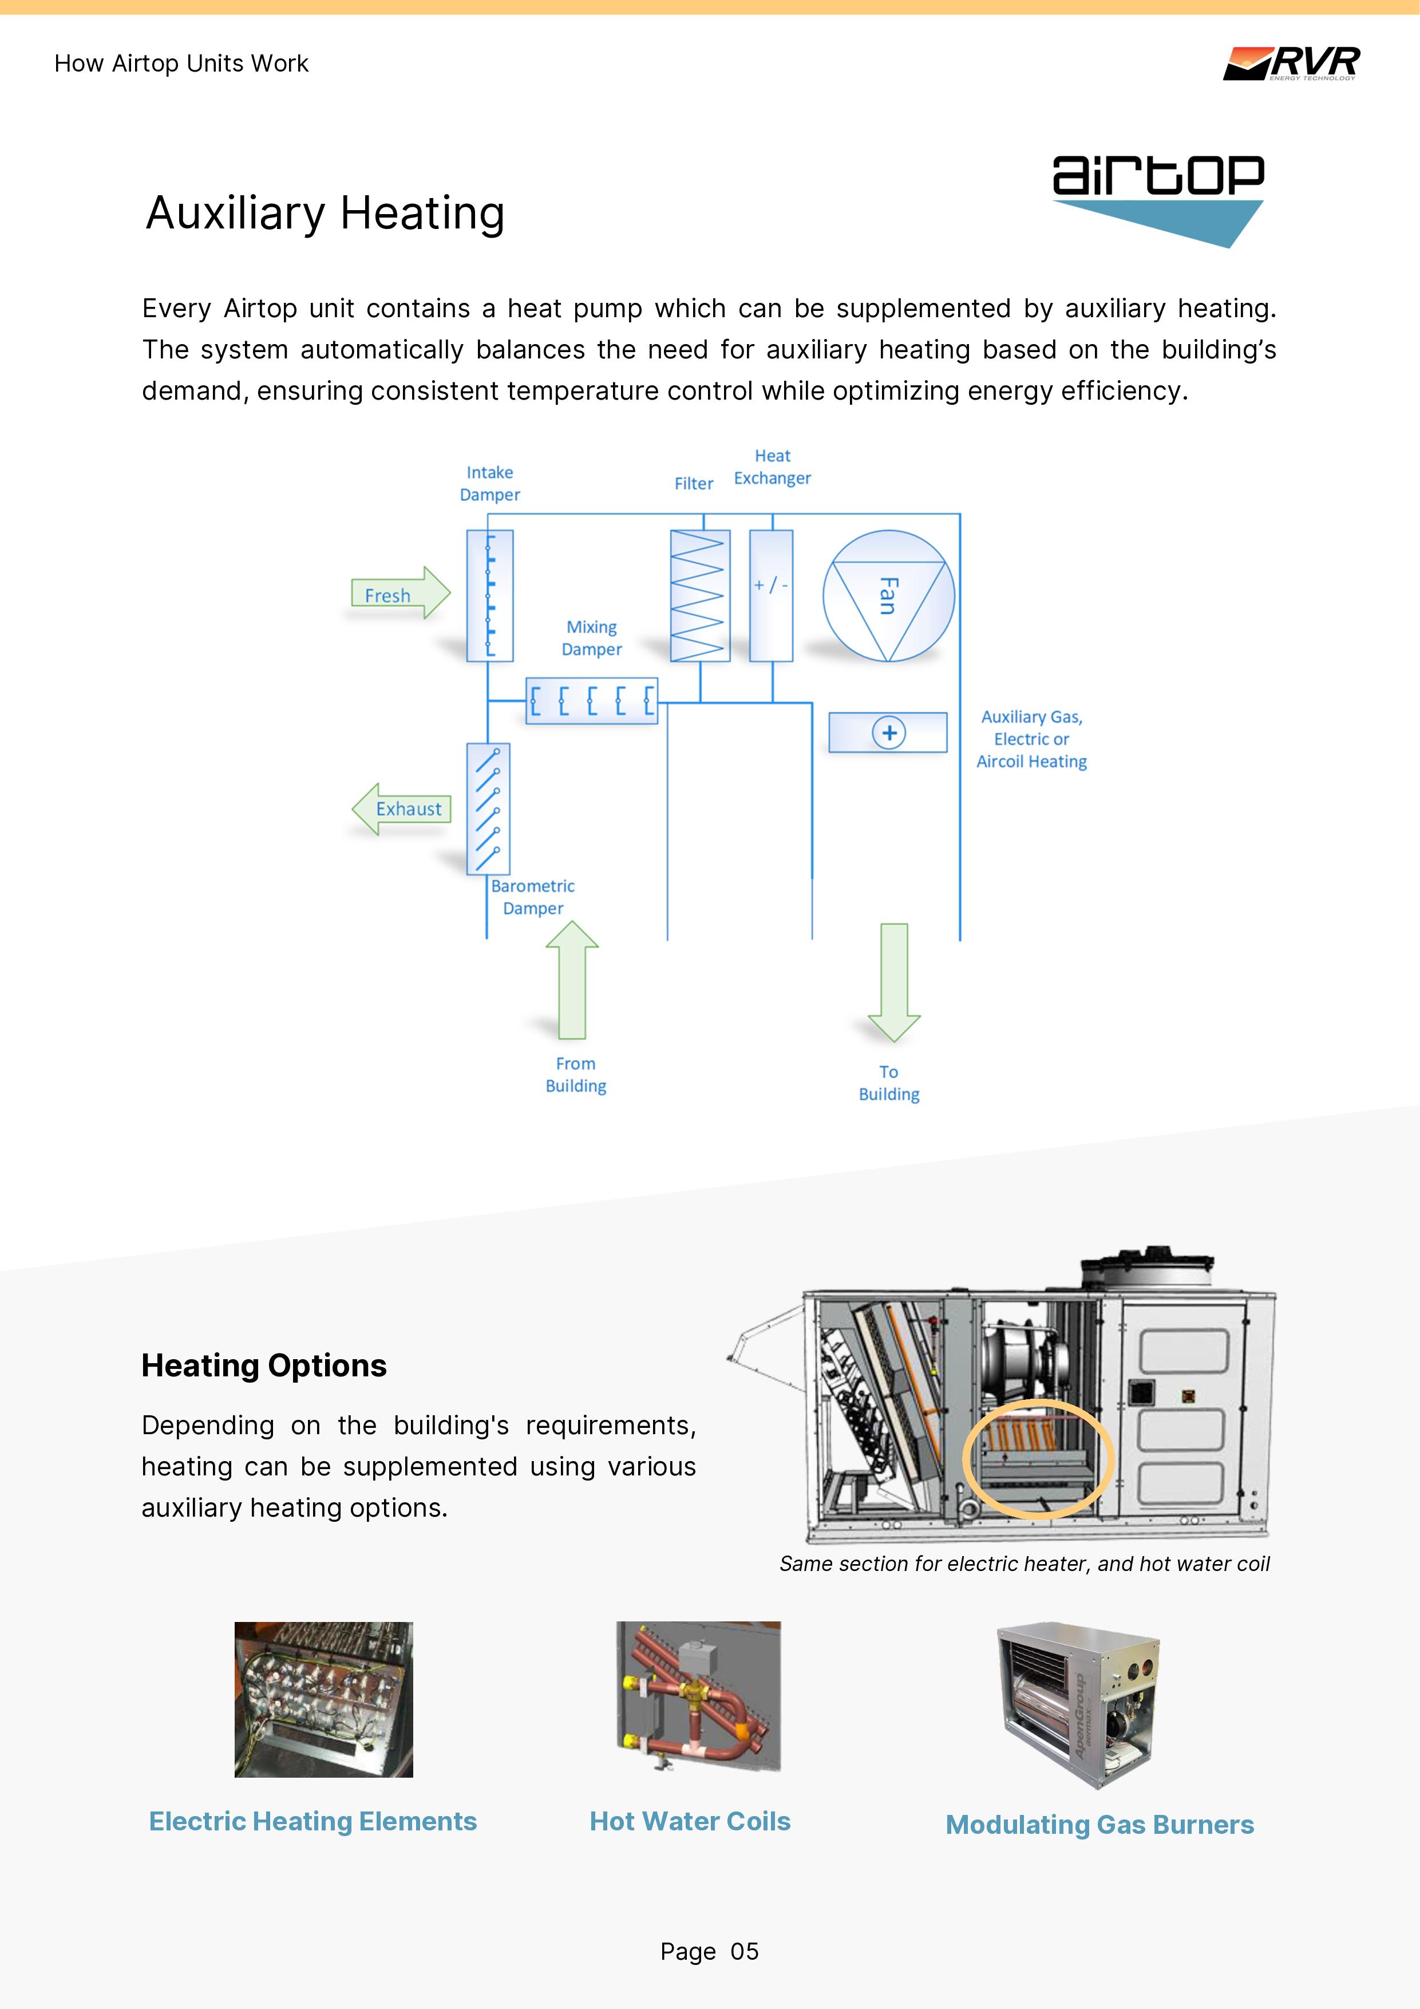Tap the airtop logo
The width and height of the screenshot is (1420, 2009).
coord(1157,198)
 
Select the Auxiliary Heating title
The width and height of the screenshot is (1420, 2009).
coord(326,212)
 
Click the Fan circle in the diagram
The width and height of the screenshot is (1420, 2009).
coord(888,596)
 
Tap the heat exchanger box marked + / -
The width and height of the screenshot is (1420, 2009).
coord(771,595)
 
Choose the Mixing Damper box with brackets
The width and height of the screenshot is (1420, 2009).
coord(591,701)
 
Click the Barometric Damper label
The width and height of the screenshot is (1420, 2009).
coord(533,897)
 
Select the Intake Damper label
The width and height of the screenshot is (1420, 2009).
coord(490,483)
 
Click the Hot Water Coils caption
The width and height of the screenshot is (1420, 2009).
coord(690,1821)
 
